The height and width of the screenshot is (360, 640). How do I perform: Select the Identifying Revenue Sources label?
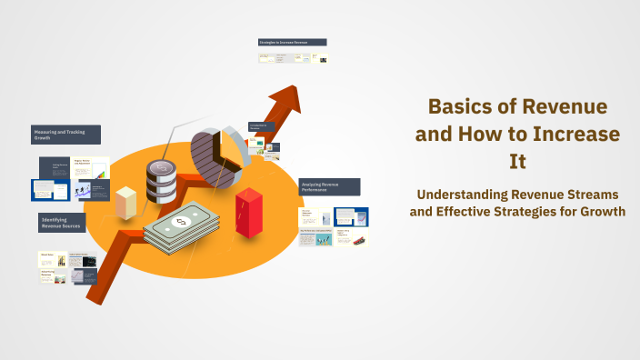[x=62, y=223]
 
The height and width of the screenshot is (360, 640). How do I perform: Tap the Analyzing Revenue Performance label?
[x=329, y=186]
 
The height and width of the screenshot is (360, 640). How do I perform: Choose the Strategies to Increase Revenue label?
[x=292, y=42]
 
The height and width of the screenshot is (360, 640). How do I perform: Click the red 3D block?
[x=248, y=211]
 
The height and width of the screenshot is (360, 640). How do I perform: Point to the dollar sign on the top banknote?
[x=181, y=222]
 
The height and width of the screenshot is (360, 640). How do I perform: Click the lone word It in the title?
[x=517, y=162]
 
